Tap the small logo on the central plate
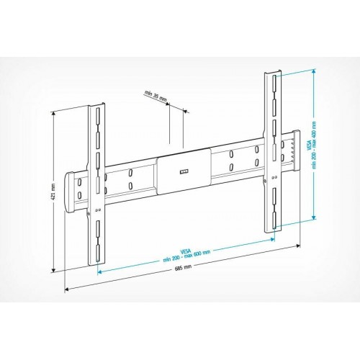pyautogui.click(x=182, y=171)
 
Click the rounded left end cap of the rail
pyautogui.click(x=73, y=191)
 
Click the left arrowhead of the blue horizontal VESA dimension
pyautogui.click(x=99, y=273)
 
